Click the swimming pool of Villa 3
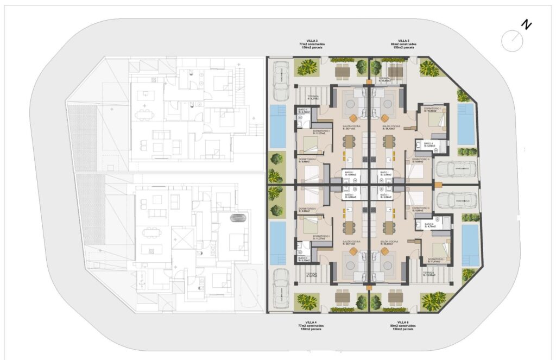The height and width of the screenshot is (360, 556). point(278,127)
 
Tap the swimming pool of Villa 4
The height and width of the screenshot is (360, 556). point(278,243)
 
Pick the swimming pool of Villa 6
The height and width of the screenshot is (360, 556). point(470,245)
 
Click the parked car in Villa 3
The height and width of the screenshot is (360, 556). point(281,81)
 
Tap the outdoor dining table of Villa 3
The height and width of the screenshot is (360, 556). point(342,71)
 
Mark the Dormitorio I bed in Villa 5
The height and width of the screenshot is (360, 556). point(435,120)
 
